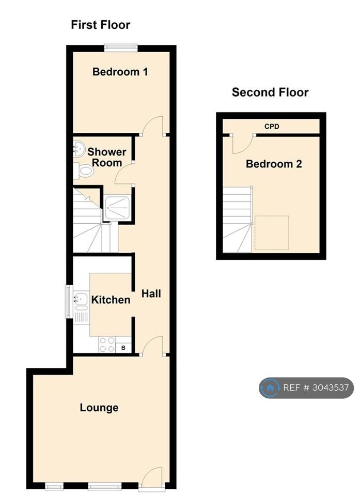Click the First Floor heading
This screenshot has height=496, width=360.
100,25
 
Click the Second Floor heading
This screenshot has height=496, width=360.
270,92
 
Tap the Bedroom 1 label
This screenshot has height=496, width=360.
120,72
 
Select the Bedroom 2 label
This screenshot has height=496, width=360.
274,164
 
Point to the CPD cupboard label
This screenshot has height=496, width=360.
272,127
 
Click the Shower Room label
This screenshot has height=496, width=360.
106,157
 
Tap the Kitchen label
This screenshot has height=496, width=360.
111,300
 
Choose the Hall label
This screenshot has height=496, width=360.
151,293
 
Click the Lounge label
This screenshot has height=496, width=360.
99,408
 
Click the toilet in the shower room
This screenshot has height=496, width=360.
84,171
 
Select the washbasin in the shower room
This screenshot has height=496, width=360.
79,148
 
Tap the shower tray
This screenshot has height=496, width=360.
117,208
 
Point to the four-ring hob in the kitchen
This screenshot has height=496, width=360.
107,345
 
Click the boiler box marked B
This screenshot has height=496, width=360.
123,348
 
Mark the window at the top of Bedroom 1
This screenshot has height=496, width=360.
121,48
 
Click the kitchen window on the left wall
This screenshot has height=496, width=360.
68,301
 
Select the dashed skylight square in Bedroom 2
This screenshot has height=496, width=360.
272,233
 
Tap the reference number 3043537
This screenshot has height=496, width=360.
331,388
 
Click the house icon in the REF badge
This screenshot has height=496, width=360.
270,388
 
